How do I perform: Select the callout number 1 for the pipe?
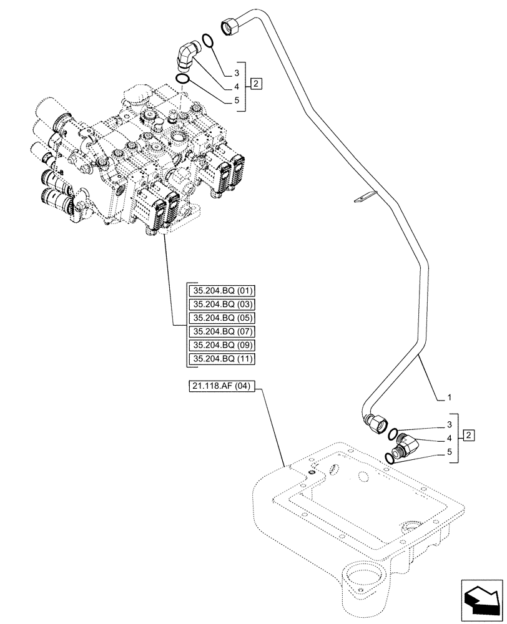click(448, 397)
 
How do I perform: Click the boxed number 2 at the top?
click(257, 84)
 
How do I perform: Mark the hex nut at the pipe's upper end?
click(229, 26)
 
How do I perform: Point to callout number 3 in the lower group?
click(448, 426)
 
